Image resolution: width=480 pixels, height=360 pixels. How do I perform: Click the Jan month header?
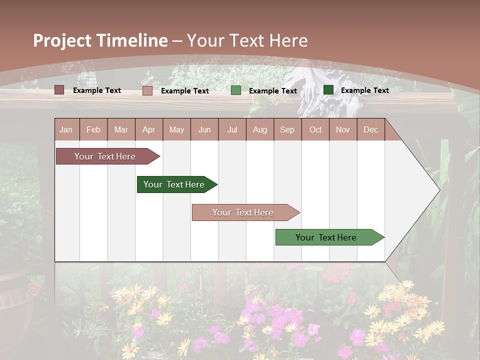[66, 129]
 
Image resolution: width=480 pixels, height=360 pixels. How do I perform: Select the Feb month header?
[93, 129]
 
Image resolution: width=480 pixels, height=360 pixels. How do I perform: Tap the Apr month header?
[148, 129]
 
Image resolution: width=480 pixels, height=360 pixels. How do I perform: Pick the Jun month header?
[204, 129]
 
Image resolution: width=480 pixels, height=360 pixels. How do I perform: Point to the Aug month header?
[259, 129]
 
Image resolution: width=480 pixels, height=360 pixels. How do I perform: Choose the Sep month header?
[287, 129]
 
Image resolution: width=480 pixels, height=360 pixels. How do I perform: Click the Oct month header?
[315, 129]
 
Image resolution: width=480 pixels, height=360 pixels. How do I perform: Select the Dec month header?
[370, 129]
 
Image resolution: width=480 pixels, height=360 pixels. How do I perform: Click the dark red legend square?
[59, 90]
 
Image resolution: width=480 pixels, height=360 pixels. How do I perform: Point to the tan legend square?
[147, 90]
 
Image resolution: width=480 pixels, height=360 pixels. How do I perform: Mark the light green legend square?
[236, 90]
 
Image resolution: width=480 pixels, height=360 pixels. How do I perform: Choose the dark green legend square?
[328, 90]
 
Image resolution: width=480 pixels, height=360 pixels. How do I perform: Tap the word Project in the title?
[62, 40]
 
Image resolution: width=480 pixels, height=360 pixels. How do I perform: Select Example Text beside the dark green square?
[364, 90]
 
